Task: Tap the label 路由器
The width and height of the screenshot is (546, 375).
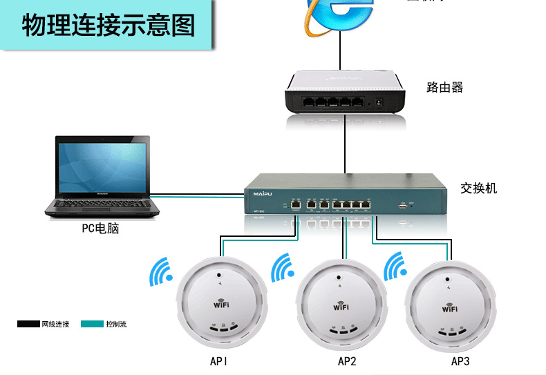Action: click(444, 88)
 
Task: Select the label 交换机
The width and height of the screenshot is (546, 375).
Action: click(478, 188)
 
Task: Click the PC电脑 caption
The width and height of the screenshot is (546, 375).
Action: click(100, 229)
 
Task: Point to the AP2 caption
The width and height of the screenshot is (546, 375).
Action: click(347, 361)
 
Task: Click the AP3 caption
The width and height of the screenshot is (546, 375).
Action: click(460, 361)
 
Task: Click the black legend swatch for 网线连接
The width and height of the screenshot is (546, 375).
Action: click(28, 323)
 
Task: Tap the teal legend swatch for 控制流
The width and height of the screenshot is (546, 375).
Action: click(91, 323)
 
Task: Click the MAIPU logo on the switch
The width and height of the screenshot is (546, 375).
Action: click(263, 194)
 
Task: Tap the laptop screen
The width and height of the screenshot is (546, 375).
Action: click(103, 166)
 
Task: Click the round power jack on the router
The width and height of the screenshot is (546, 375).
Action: click(378, 102)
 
